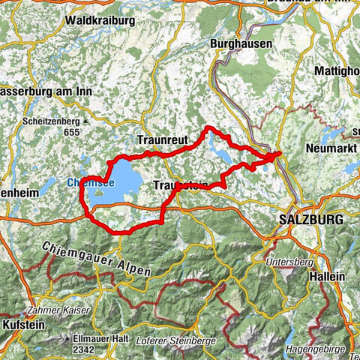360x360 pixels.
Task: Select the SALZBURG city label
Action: [x=309, y=220]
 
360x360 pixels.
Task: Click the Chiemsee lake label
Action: [x=91, y=181]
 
